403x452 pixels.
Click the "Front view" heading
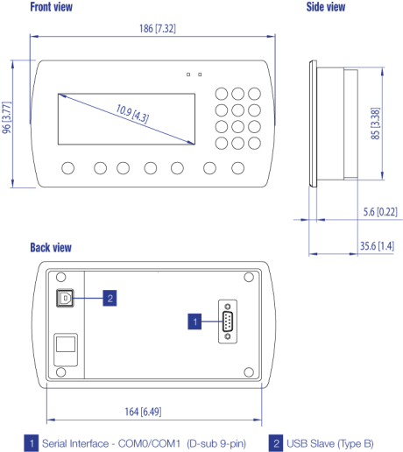[52, 7]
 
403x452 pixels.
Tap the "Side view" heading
[326, 7]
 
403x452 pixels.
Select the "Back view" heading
[51, 248]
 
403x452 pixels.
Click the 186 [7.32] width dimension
[158, 29]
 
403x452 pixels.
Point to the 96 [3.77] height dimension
[6, 117]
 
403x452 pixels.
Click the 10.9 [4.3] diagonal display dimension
[132, 113]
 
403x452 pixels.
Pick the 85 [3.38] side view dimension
[375, 124]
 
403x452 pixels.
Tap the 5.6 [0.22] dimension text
[380, 212]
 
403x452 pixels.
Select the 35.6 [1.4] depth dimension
[377, 246]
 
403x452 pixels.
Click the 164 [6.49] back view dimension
[143, 412]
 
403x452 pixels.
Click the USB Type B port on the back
[65, 298]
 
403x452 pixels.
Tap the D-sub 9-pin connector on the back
[228, 321]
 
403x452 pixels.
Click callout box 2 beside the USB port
[110, 298]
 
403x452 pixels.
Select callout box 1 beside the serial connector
[194, 321]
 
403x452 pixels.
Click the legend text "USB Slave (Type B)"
[330, 443]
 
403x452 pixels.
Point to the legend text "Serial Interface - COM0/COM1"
[111, 443]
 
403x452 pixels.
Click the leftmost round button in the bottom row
[68, 168]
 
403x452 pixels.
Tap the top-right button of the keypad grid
[254, 94]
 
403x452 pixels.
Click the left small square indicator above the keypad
[188, 74]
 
